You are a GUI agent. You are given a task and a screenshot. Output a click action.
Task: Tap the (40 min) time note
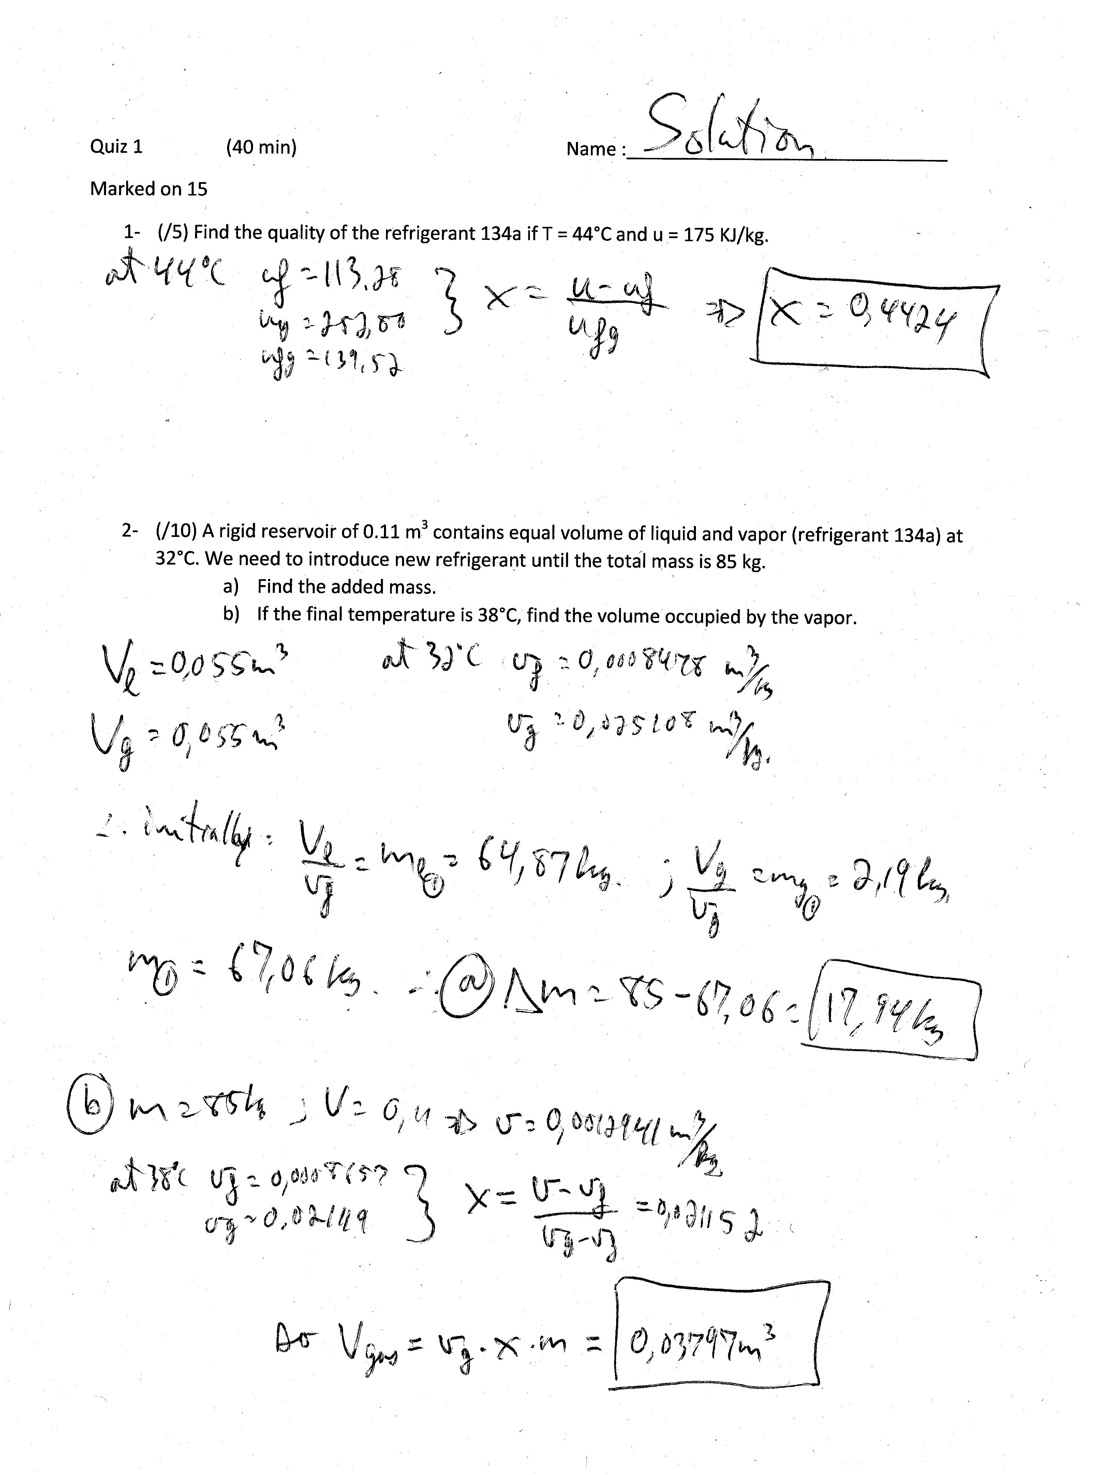coord(261,147)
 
